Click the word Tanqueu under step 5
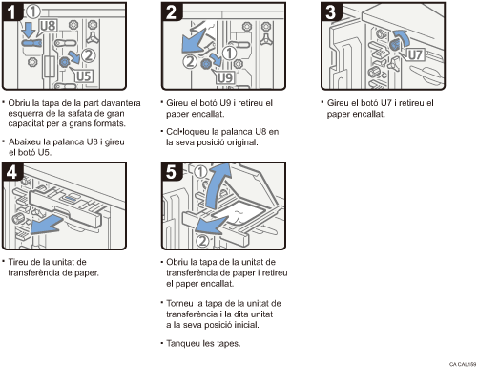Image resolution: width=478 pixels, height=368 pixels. click(184, 343)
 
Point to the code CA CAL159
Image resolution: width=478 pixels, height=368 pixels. click(461, 363)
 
